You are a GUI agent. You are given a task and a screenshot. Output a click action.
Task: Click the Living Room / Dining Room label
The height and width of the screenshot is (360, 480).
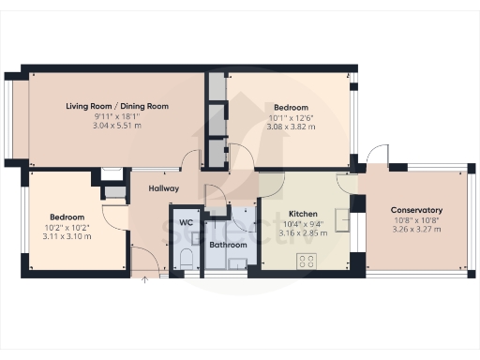coord(117,106)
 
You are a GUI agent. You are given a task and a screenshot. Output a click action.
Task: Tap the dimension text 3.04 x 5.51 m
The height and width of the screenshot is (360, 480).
coord(117,125)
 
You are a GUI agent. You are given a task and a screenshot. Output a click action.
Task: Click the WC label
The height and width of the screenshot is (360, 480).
coord(185,222)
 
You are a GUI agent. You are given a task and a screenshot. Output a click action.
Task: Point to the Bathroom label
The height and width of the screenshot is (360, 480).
coord(228,245)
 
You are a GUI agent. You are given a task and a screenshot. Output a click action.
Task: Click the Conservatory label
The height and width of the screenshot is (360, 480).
coord(416,210)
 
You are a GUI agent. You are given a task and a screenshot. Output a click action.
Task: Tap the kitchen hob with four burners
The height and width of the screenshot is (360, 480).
coord(305,260)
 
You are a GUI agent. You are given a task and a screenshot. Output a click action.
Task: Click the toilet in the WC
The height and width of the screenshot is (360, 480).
coord(185,258)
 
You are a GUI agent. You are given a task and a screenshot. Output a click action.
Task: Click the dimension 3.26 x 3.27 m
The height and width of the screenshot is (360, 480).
coord(416,230)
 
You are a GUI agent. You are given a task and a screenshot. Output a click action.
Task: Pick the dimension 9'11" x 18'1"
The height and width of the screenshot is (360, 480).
coord(117,115)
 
